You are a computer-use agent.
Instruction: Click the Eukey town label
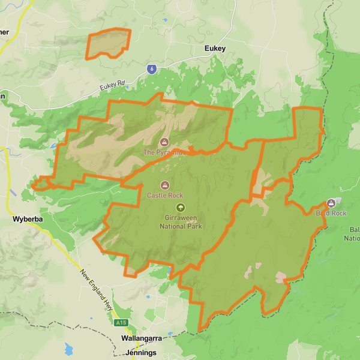click(x=215, y=49)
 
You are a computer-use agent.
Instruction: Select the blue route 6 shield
click(x=153, y=69)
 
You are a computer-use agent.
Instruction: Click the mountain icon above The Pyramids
click(x=164, y=142)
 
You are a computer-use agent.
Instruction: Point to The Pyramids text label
click(x=163, y=152)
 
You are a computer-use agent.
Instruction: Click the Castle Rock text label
click(x=165, y=195)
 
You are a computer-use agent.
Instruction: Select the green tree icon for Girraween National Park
click(x=178, y=207)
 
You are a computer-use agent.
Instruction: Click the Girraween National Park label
click(x=181, y=222)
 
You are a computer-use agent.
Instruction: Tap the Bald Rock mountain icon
click(x=332, y=203)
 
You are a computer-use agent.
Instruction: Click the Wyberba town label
click(x=27, y=220)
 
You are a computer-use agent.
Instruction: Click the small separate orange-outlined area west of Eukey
click(x=109, y=44)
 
